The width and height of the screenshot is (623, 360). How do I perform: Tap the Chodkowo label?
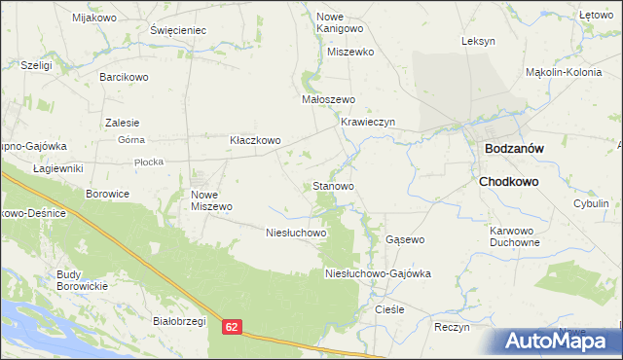click(x=508, y=181)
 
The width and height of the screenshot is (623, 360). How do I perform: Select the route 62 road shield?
click(x=231, y=329)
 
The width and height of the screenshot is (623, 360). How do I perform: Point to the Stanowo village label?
click(x=333, y=185)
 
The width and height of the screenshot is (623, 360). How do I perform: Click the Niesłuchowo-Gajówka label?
click(x=378, y=274)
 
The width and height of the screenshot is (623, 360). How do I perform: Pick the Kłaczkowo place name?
click(x=255, y=140)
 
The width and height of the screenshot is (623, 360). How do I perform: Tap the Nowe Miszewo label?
click(x=211, y=199)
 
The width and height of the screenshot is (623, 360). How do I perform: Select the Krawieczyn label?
click(x=367, y=122)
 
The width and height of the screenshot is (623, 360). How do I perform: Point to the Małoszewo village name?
click(x=329, y=99)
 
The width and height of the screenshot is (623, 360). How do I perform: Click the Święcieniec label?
click(x=179, y=30)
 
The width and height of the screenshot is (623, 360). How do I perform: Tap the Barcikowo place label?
click(x=124, y=75)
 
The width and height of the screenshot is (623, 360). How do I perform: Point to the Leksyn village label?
click(x=479, y=42)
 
